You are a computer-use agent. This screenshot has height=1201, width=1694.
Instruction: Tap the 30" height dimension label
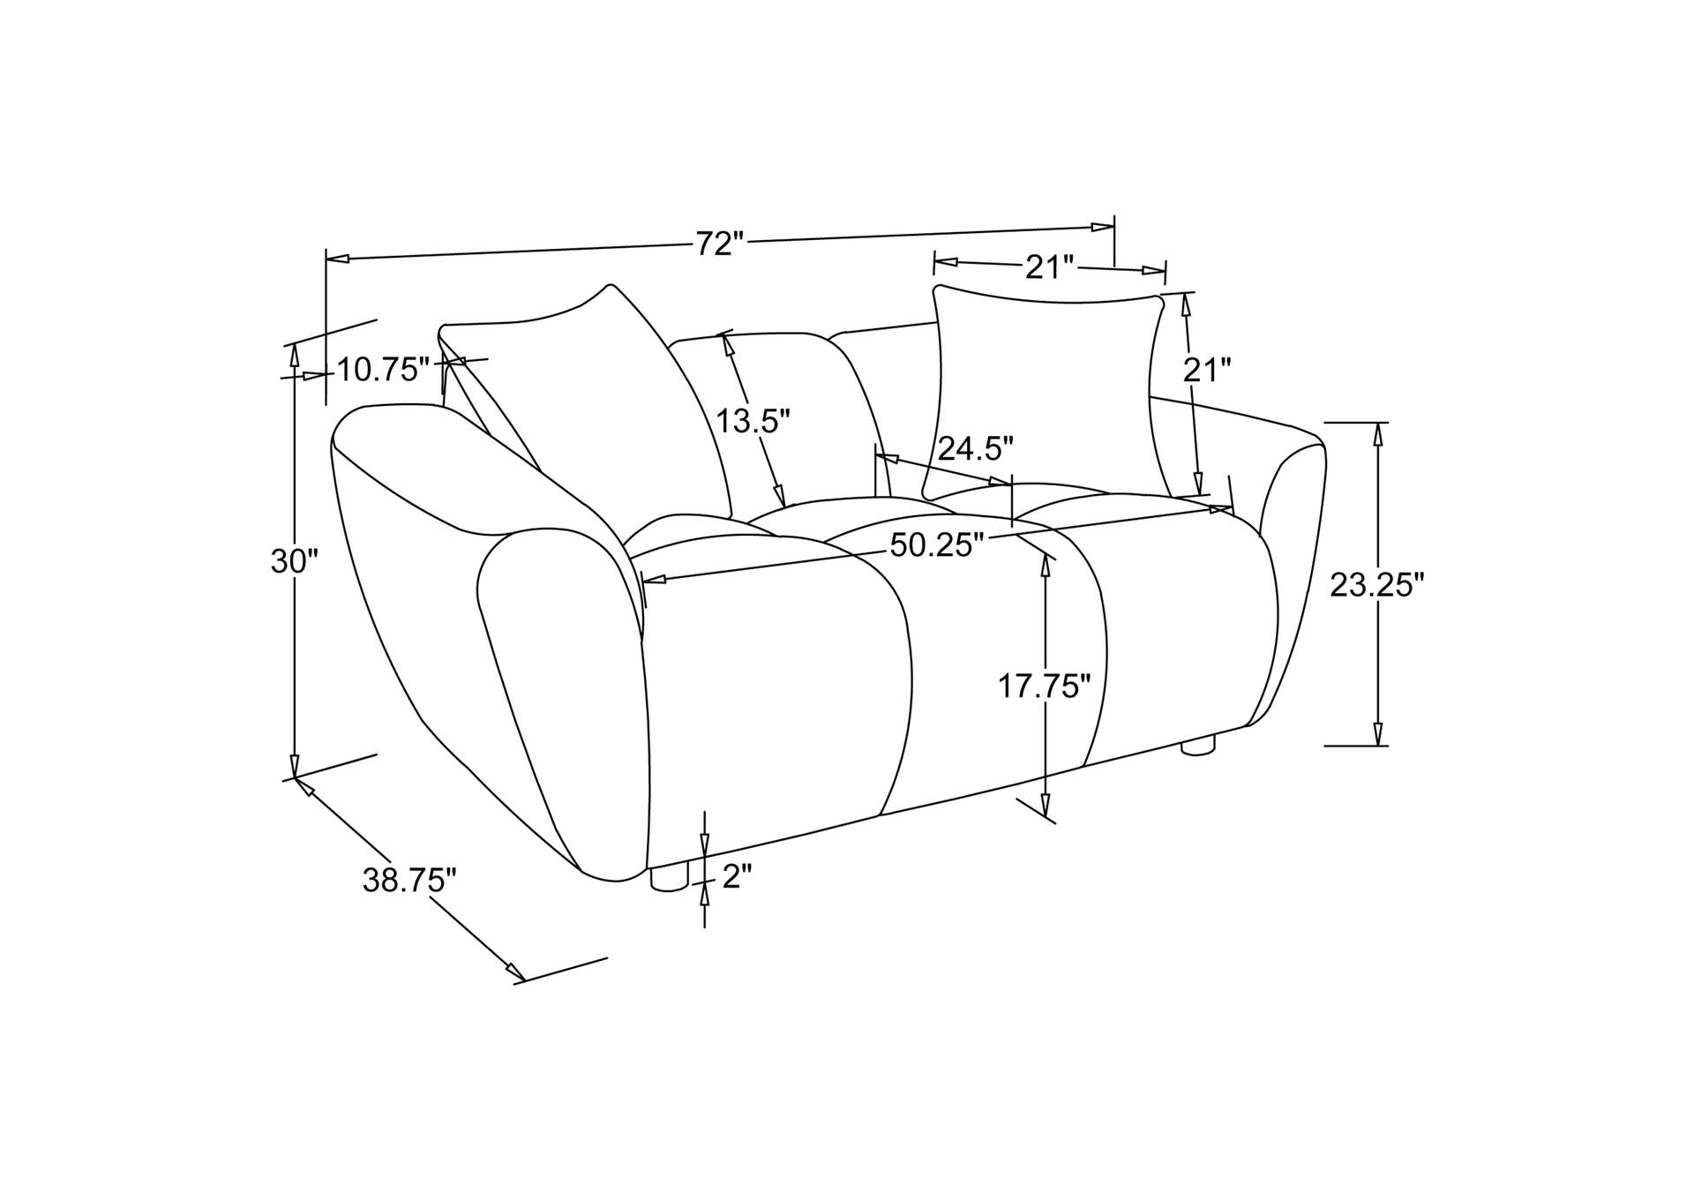tap(294, 561)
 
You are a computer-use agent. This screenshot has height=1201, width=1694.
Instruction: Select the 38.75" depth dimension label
tap(409, 880)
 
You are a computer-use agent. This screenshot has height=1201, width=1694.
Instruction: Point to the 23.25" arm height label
tap(1377, 584)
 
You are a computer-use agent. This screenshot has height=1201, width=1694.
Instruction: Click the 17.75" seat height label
tap(1045, 686)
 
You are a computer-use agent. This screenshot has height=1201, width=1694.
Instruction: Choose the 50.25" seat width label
tap(936, 545)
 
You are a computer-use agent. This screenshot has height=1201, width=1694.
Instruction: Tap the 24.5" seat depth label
tap(976, 448)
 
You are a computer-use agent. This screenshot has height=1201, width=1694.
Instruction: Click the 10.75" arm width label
tap(382, 370)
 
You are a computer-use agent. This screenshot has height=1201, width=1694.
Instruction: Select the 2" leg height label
tap(737, 876)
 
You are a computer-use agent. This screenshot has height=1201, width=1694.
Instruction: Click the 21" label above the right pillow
tap(1049, 266)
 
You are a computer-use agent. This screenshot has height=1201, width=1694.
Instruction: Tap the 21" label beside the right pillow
tap(1206, 370)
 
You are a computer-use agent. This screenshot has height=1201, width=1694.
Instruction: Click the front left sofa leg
tap(669, 877)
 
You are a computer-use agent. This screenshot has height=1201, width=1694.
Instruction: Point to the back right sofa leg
tap(1196, 747)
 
